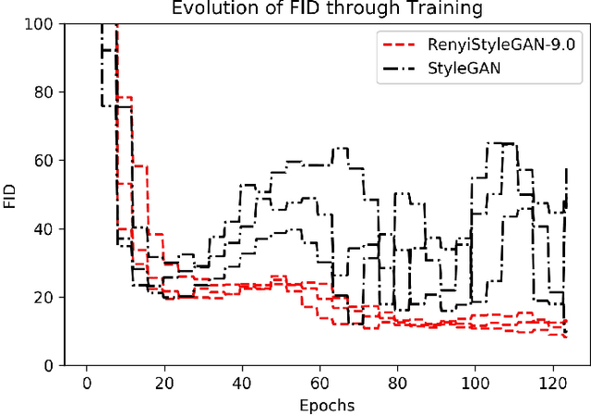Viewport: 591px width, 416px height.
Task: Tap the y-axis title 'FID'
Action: click(10, 194)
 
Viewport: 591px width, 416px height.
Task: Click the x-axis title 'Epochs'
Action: click(325, 405)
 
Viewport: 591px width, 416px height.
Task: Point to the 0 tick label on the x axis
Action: click(87, 383)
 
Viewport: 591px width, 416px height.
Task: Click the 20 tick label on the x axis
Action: click(164, 383)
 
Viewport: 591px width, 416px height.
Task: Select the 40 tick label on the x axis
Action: click(242, 383)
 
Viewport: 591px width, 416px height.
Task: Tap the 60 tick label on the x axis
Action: click(320, 383)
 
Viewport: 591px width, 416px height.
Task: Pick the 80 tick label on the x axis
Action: click(397, 383)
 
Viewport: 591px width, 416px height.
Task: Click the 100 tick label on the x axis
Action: click(475, 383)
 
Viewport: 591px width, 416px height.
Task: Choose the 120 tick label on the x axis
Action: click(552, 383)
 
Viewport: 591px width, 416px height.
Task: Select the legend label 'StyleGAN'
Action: click(470, 67)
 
